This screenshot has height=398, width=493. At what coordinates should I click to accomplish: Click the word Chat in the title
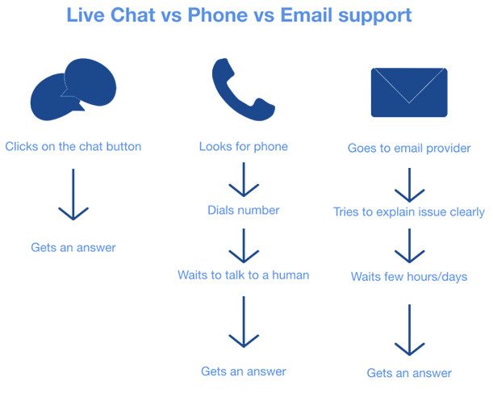[133, 15]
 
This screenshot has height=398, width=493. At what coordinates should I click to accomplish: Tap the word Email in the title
[307, 15]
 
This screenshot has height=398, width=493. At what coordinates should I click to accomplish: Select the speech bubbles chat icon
[73, 90]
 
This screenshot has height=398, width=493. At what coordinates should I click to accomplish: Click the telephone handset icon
[244, 90]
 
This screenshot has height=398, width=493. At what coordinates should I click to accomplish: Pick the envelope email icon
[409, 93]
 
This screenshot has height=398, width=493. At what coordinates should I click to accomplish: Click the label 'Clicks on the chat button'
[73, 147]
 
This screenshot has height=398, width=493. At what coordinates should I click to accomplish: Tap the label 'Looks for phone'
[244, 147]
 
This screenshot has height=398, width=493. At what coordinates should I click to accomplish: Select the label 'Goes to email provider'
[409, 149]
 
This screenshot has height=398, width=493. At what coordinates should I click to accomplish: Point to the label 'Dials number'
[244, 210]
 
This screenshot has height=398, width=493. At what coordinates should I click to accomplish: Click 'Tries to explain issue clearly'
[409, 212]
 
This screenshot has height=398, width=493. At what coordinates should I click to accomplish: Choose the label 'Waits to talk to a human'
[244, 275]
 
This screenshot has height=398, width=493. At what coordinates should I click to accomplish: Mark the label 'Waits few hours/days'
[409, 277]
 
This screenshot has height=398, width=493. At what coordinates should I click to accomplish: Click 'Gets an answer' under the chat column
[73, 248]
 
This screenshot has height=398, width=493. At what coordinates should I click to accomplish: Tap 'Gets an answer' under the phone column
[244, 371]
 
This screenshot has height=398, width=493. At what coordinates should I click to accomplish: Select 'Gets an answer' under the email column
[409, 373]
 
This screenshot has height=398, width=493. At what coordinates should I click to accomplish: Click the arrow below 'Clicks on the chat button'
[73, 195]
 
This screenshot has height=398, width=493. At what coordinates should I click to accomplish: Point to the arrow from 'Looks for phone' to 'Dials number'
[244, 180]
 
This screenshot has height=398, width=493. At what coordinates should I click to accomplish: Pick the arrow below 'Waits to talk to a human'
[244, 322]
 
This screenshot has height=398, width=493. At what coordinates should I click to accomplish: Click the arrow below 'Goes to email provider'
[409, 185]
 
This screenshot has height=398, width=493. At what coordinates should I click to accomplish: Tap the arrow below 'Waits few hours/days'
[409, 330]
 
